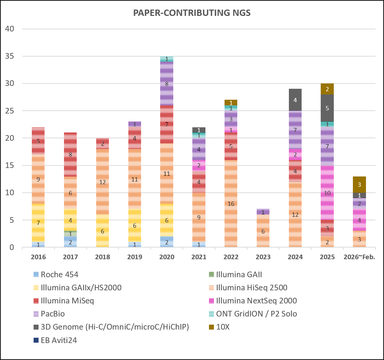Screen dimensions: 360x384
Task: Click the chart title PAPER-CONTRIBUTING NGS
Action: (x=192, y=13)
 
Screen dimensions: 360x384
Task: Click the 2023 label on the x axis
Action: (x=263, y=257)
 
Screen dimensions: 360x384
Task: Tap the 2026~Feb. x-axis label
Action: (x=359, y=257)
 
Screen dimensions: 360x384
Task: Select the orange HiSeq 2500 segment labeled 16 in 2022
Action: (x=231, y=204)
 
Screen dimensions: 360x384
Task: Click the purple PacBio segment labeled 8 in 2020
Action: (x=167, y=84)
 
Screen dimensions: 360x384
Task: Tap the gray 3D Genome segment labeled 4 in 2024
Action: (x=295, y=100)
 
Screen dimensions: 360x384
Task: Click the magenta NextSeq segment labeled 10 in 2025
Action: (x=327, y=193)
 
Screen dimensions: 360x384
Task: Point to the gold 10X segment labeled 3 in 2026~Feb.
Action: (x=360, y=185)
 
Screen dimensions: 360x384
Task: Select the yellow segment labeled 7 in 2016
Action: (x=39, y=223)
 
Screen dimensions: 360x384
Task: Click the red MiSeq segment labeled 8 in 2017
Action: (x=70, y=155)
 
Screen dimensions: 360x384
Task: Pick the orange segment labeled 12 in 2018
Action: (x=103, y=182)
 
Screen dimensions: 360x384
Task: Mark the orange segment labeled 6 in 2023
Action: (x=263, y=231)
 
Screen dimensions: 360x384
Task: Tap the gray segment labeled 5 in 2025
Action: (x=327, y=108)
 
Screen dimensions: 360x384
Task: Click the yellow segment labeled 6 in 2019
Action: (x=135, y=226)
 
